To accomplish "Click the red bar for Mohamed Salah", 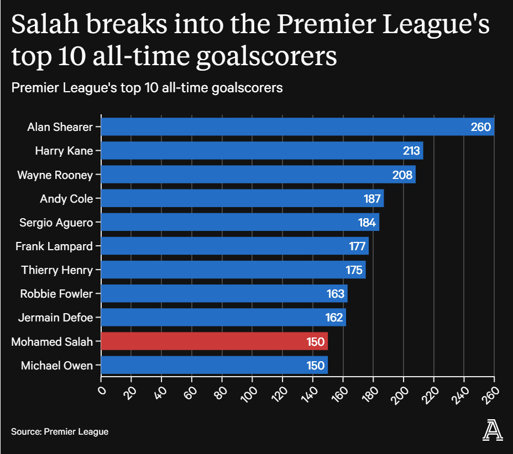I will (214, 341).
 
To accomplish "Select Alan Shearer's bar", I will (297, 127).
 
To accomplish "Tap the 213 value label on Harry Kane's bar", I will (412, 151).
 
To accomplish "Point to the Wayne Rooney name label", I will (55, 175).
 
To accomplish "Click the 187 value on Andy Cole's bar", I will (372, 199).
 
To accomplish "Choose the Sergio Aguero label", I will (56, 223).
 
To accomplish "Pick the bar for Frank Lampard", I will (234, 246).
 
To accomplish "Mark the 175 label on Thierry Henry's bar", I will (354, 270).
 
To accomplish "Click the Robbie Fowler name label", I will (56, 294).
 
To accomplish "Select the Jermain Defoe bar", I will (223, 318).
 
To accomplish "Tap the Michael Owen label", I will (57, 365).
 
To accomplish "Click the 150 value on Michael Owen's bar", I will (316, 365).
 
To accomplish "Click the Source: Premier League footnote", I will (60, 431).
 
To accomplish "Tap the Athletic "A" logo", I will (493, 430).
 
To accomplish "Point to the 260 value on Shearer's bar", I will (480, 127).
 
